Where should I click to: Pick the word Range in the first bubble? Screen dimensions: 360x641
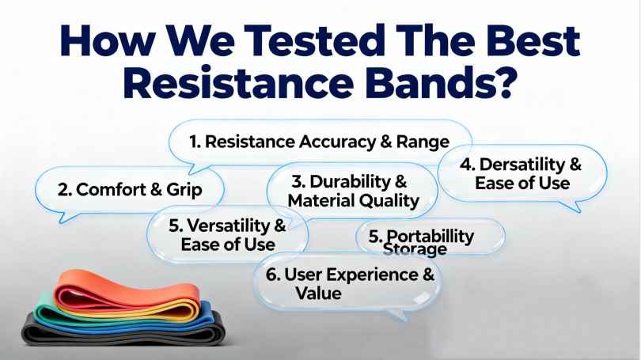(423, 142)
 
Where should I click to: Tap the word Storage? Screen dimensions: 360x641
(415, 250)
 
